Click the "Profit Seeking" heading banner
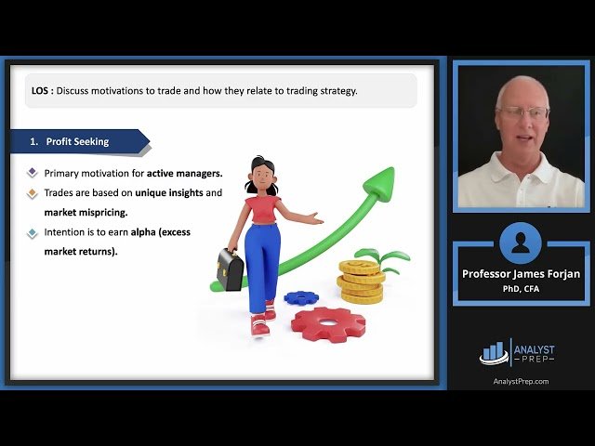pyautogui.click(x=79, y=141)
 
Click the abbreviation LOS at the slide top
pyautogui.click(x=41, y=90)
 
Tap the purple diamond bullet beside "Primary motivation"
pyautogui.click(x=33, y=173)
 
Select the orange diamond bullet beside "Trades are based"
pyautogui.click(x=33, y=192)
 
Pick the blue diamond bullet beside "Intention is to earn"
pyautogui.click(x=33, y=232)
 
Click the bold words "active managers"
pyautogui.click(x=184, y=173)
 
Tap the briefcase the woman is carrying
pyautogui.click(x=230, y=269)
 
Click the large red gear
pyautogui.click(x=328, y=324)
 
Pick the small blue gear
pyautogui.click(x=300, y=297)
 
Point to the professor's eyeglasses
pyautogui.click(x=522, y=112)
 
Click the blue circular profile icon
pyautogui.click(x=521, y=243)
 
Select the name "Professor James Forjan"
pyautogui.click(x=521, y=274)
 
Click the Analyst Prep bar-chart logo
pyautogui.click(x=494, y=351)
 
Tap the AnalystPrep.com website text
pyautogui.click(x=521, y=381)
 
